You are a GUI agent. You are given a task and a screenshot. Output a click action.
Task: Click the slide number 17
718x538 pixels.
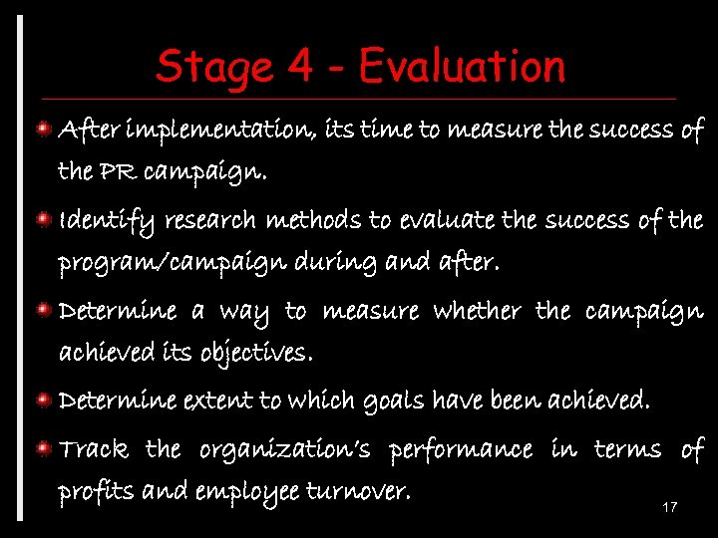(670, 508)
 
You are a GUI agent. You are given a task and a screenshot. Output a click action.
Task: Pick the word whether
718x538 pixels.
(476, 311)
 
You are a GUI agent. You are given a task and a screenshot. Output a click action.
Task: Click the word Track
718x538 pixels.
(94, 450)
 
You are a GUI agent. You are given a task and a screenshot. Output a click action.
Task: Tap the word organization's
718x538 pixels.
(284, 450)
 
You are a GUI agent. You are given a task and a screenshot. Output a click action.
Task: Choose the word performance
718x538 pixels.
(460, 450)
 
